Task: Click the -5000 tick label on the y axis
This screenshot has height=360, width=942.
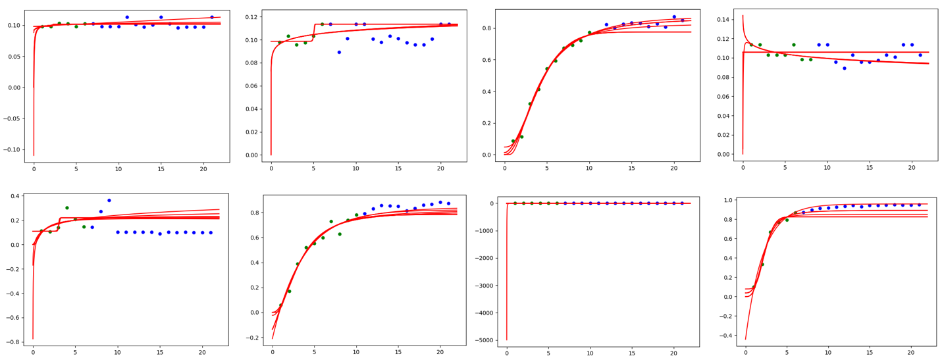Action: (485, 340)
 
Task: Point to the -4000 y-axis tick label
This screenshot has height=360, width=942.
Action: (485, 313)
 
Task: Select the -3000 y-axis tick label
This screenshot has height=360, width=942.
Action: (485, 286)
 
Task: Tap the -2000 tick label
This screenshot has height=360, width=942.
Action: (485, 258)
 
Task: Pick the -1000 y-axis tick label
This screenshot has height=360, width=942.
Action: (485, 231)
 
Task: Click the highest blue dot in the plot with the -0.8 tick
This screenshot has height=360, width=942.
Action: (109, 200)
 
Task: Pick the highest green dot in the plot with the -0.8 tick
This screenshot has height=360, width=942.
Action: (66, 208)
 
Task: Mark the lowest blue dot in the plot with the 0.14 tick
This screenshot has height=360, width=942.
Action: (845, 68)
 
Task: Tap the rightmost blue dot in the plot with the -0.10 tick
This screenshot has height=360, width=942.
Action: (212, 17)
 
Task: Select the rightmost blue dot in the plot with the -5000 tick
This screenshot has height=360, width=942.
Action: (682, 203)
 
